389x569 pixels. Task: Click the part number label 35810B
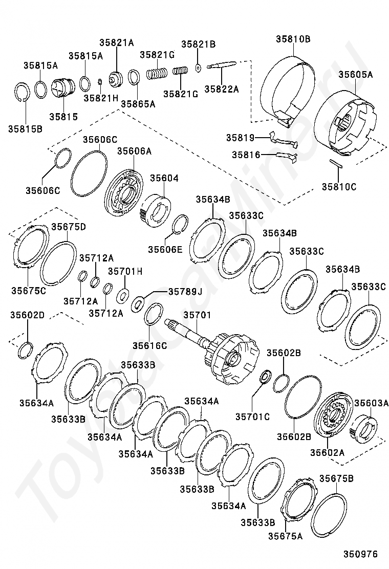(x=293, y=38)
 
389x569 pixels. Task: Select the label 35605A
(x=355, y=74)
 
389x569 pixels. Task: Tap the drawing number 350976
(x=360, y=554)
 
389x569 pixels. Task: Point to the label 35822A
(x=222, y=89)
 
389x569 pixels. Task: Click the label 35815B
(x=25, y=128)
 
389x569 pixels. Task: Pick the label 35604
(x=164, y=178)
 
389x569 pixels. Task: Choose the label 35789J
(x=186, y=292)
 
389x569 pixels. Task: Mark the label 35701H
(x=125, y=271)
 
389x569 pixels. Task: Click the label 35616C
(x=149, y=346)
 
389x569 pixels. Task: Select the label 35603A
(x=372, y=403)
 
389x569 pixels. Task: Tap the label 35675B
(x=336, y=478)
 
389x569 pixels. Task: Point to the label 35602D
(x=27, y=315)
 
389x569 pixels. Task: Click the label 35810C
(x=339, y=187)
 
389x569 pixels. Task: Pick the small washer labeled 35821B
(x=198, y=68)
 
